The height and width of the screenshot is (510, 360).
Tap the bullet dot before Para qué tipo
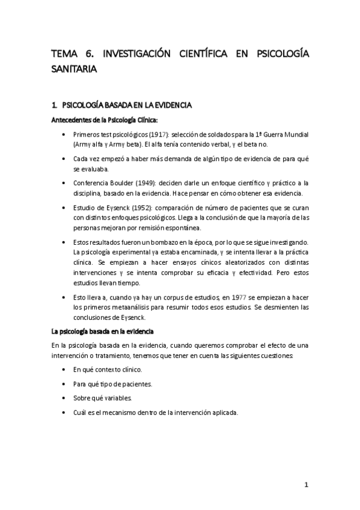(x=64, y=384)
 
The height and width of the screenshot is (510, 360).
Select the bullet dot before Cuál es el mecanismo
(x=64, y=413)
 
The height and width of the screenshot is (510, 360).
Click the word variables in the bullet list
(x=118, y=398)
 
